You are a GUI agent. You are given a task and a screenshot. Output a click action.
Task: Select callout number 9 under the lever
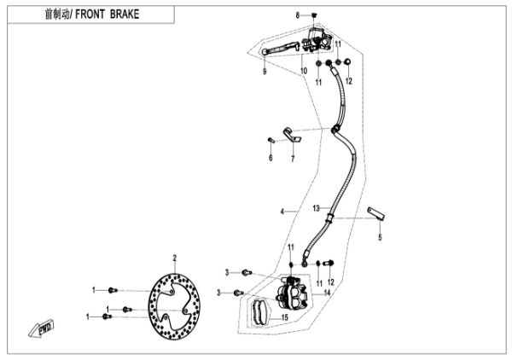(265, 72)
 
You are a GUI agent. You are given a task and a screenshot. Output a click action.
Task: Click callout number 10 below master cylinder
(302, 72)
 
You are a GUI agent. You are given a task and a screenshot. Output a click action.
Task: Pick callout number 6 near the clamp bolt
(271, 158)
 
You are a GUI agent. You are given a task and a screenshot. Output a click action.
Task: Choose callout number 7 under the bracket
(292, 158)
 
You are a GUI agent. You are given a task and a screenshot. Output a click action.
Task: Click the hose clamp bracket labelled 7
(293, 133)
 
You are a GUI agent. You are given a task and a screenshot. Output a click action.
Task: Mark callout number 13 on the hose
(315, 208)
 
